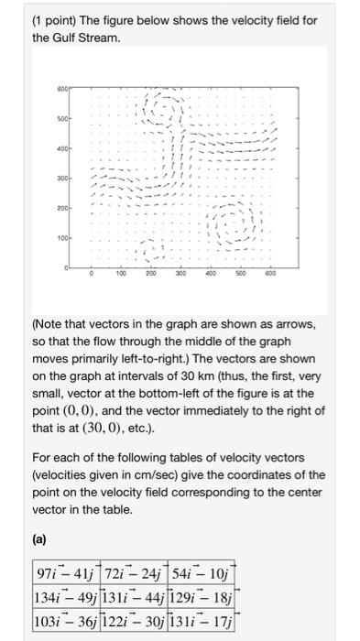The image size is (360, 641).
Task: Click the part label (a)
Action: (40, 541)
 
